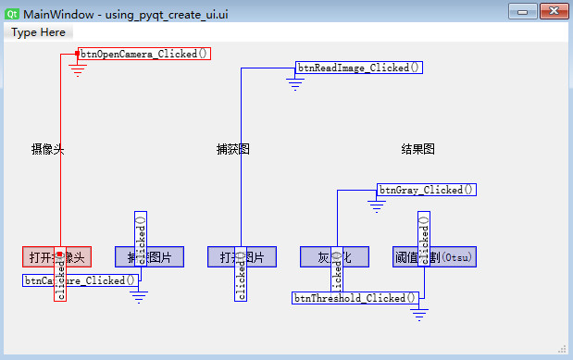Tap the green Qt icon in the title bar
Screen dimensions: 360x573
[12, 11]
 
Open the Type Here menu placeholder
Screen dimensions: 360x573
[39, 31]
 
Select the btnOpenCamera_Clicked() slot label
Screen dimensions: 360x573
[145, 54]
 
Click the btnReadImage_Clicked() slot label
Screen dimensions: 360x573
[359, 68]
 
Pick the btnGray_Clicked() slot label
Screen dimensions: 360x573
[427, 190]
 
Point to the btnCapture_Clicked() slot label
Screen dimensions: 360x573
[81, 280]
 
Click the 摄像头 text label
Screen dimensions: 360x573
[47, 149]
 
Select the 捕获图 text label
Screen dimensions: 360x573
[232, 149]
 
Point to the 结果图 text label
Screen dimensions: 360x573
[417, 149]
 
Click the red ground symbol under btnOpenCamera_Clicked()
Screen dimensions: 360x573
[77, 69]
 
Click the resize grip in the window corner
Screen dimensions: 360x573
[563, 349]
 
